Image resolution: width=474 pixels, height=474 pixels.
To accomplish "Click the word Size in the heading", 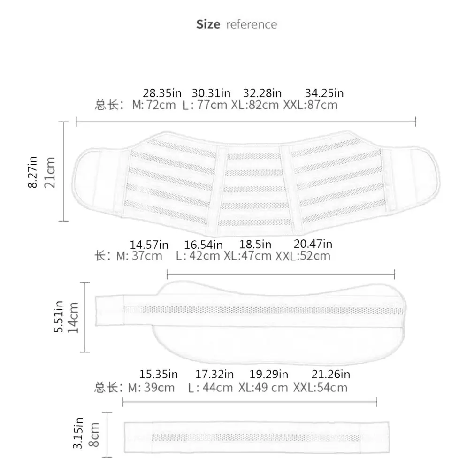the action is point(208,24).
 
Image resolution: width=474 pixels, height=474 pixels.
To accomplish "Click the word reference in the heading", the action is point(252,25).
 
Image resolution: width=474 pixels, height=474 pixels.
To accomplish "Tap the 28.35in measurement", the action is point(162,93).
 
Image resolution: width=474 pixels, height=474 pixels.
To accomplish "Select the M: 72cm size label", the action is point(154,105).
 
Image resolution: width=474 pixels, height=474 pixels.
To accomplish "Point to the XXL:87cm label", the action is point(311,105).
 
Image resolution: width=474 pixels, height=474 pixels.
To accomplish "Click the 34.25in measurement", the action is point(324,93).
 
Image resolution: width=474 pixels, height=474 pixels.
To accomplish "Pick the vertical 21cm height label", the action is point(50,173).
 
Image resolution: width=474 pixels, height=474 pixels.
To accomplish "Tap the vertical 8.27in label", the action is point(32,172).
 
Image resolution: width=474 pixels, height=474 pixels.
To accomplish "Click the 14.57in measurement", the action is point(149,245).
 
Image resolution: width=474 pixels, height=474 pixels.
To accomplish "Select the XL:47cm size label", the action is point(248,256).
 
